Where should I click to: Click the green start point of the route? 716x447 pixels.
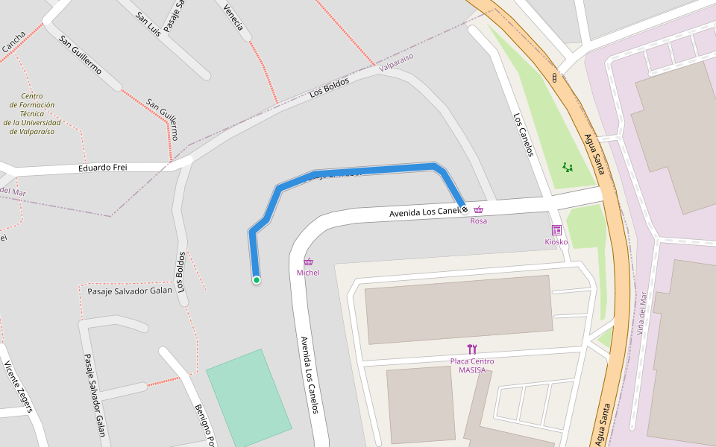257,280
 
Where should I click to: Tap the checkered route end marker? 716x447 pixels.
465,210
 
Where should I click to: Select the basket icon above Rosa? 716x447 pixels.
478,210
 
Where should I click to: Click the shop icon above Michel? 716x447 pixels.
308,261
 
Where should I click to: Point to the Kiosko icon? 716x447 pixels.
556,230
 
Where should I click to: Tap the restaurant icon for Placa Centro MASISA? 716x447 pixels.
472,349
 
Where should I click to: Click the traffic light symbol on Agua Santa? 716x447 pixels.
554,77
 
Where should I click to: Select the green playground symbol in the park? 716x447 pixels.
568,168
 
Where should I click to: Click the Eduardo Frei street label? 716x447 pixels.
103,168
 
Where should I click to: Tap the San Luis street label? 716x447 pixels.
148,24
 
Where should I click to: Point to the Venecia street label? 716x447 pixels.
233,16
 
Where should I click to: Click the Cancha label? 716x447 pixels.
13,42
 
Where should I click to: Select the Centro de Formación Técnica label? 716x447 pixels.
32,114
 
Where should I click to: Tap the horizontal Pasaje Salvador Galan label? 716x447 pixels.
130,291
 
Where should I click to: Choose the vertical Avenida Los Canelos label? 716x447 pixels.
310,375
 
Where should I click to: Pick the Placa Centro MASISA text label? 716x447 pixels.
472,366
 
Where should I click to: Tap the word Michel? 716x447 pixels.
308,273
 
